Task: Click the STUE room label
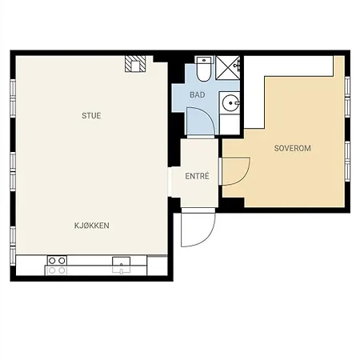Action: coord(91,116)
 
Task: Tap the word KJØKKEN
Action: coord(91,226)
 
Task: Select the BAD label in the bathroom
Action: coord(197,95)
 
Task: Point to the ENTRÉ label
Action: coord(197,176)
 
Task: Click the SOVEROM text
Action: coord(292,149)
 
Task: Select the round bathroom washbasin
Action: coord(230,102)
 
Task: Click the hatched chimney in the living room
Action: coord(134,65)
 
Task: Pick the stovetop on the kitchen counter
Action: coord(56,266)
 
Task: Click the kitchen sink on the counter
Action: coord(121,265)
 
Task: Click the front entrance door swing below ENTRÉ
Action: coord(197,230)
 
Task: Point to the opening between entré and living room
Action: coord(173,177)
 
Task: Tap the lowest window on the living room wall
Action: coord(13,236)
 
